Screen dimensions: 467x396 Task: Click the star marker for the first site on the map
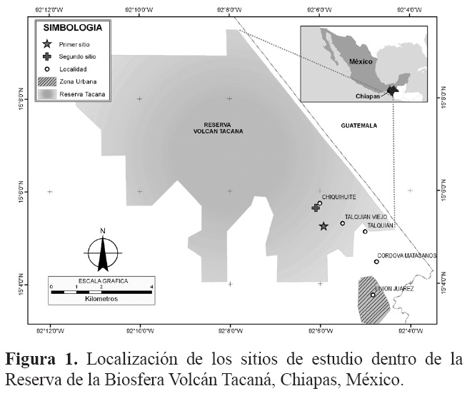pyautogui.click(x=323, y=226)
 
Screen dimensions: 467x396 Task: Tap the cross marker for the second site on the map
pyautogui.click(x=315, y=208)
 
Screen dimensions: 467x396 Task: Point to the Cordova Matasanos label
pyautogui.click(x=406, y=255)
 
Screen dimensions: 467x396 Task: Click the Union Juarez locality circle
pyautogui.click(x=372, y=295)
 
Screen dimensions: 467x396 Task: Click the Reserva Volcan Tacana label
pyautogui.click(x=218, y=128)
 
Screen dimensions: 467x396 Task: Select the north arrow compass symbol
pyautogui.click(x=104, y=250)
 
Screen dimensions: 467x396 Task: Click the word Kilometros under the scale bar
pyautogui.click(x=100, y=299)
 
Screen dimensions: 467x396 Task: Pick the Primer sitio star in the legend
pyautogui.click(x=48, y=44)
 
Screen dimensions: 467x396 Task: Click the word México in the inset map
pyautogui.click(x=361, y=62)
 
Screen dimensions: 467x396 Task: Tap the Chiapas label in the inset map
pyautogui.click(x=368, y=93)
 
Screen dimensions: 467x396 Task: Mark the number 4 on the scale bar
pyautogui.click(x=151, y=286)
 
